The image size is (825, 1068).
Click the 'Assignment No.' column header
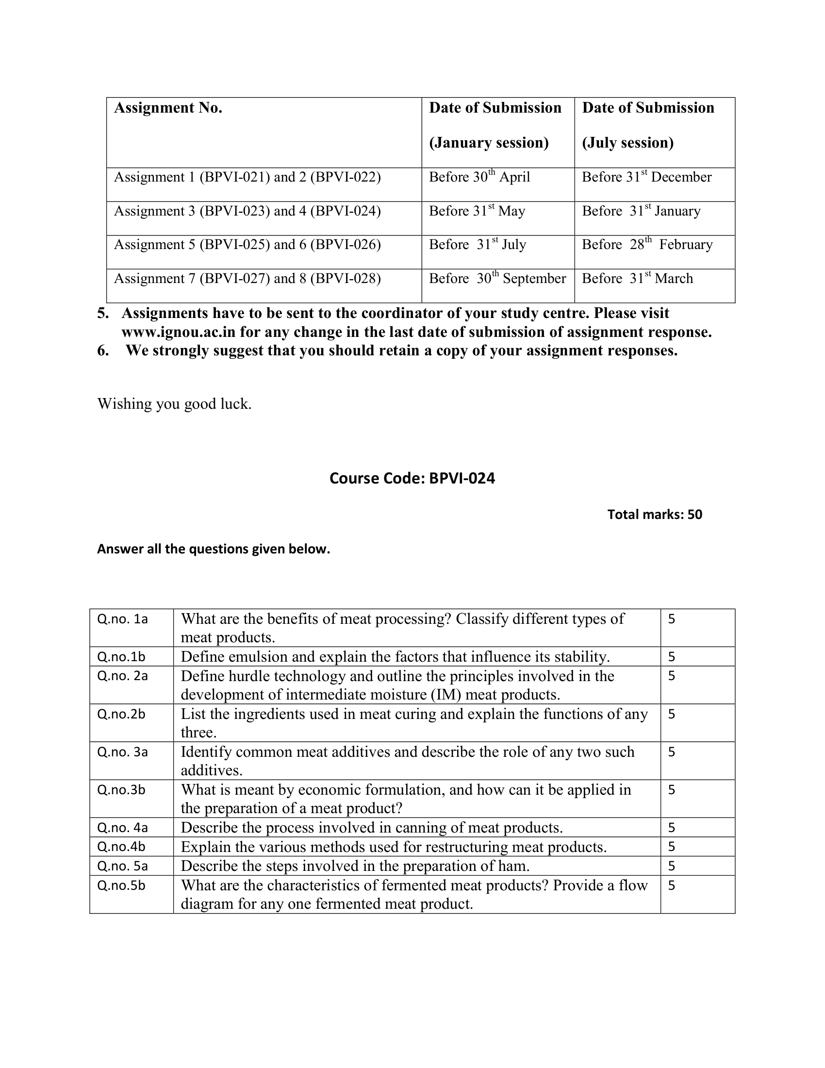[168, 108]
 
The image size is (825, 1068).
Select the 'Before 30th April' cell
[479, 177]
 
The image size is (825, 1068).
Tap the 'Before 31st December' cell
[646, 177]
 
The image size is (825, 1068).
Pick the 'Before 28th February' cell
[646, 245]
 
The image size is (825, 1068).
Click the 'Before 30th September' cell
[497, 279]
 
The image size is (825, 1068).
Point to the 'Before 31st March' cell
[637, 279]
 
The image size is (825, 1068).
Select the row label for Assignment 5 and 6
[247, 245]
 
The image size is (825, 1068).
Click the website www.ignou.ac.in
[179, 333]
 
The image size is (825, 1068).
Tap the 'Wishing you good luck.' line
[175, 404]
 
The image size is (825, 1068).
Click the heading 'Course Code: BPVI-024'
[412, 478]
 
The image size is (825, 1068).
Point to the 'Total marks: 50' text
[655, 515]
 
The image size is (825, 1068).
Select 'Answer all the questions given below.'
[214, 549]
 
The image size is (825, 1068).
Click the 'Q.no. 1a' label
[122, 619]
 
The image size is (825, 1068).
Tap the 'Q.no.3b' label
[121, 790]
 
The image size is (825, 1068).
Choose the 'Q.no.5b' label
[121, 885]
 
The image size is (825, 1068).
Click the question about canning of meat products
[371, 828]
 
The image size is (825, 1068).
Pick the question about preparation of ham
[355, 866]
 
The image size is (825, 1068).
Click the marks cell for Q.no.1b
[672, 657]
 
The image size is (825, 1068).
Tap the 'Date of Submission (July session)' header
[647, 125]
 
